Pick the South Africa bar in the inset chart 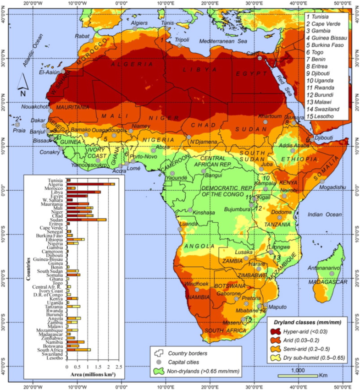[x=78, y=350]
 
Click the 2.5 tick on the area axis [x=118, y=367]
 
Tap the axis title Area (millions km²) [x=93, y=374]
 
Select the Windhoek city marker [x=197, y=290]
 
